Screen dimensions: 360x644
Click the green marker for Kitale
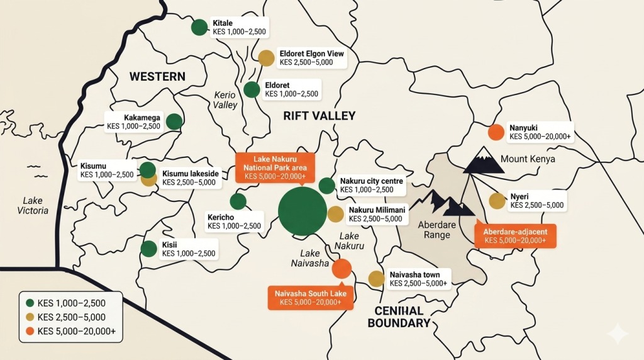(x=199, y=27)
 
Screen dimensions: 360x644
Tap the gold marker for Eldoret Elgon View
(x=267, y=58)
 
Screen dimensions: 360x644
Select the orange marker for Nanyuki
(x=496, y=132)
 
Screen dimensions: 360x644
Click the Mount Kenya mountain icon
(x=484, y=161)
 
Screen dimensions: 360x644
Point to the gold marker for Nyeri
(x=497, y=201)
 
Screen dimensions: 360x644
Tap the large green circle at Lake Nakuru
(x=303, y=211)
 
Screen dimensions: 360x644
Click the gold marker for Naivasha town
(x=376, y=279)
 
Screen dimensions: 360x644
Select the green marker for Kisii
(x=148, y=249)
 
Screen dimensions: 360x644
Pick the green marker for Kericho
(x=238, y=201)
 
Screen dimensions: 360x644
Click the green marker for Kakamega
(x=174, y=121)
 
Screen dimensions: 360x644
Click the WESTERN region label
(x=157, y=77)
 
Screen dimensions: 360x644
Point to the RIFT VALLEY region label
(x=319, y=116)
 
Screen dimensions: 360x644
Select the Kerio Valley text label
(x=225, y=100)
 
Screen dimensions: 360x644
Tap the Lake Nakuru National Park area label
(x=274, y=167)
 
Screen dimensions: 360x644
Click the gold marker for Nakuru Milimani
(x=335, y=213)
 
